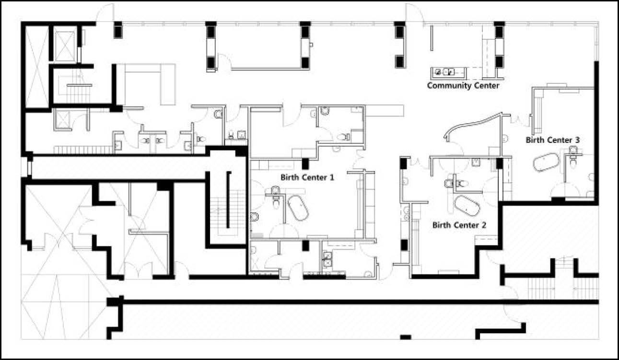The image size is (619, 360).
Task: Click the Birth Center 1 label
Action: [x=307, y=177]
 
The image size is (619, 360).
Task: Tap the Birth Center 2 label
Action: [x=459, y=225]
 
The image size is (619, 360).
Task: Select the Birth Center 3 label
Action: [x=552, y=140]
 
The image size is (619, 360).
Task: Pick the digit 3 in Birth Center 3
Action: [x=577, y=140]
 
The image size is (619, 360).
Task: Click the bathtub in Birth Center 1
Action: [x=298, y=208]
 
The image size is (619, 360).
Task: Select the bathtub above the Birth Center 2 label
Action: [x=467, y=206]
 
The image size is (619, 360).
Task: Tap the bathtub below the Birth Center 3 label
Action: [x=546, y=162]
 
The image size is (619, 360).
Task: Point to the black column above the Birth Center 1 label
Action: [x=305, y=164]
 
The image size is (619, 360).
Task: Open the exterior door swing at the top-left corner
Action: [x=105, y=12]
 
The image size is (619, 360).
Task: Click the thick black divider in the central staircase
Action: [x=229, y=200]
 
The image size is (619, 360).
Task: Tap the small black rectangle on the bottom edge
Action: [x=406, y=337]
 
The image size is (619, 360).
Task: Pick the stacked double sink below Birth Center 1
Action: [x=327, y=259]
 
